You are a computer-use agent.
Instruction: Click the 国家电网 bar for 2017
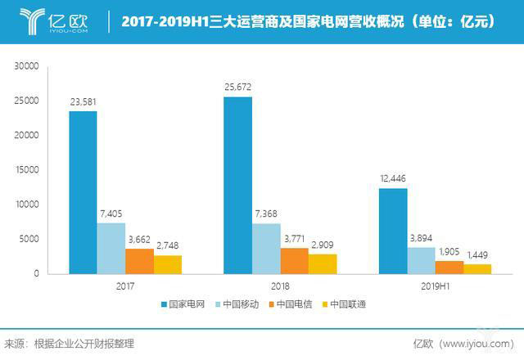click(x=83, y=191)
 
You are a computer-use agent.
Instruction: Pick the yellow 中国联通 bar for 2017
click(x=167, y=263)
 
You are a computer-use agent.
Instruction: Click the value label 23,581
click(x=84, y=101)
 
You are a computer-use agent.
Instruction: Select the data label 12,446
click(x=393, y=179)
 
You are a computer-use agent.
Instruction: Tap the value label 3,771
click(x=294, y=239)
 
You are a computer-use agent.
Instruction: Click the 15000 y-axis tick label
click(x=27, y=170)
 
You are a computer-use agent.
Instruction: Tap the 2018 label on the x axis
click(x=279, y=287)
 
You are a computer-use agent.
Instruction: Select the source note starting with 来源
click(x=69, y=344)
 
